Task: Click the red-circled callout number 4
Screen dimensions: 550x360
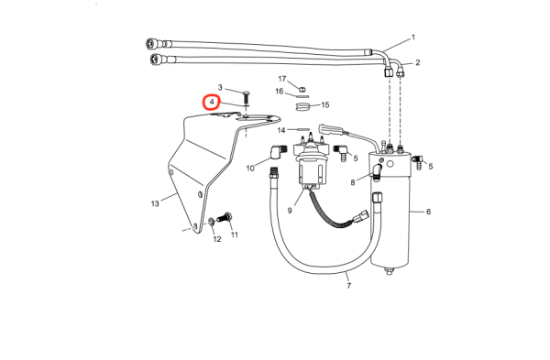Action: tap(212, 102)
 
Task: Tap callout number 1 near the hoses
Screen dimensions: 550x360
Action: tap(413, 38)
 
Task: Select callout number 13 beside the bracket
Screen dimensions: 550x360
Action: tap(155, 203)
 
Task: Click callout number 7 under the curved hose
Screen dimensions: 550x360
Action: tap(348, 286)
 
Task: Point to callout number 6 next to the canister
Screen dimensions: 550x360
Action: tap(428, 212)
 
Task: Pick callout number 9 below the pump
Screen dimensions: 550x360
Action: tap(290, 211)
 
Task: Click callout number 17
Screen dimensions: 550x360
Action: tap(282, 79)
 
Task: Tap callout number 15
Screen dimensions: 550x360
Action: tap(325, 104)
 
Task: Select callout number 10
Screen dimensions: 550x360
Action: tap(250, 169)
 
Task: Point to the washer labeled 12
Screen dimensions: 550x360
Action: tap(212, 222)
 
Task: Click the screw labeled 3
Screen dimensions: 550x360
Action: tap(247, 97)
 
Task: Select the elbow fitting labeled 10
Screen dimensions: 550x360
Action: tap(279, 152)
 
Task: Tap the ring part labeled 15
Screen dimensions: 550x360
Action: tap(302, 106)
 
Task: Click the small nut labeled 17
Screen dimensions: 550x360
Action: tap(302, 89)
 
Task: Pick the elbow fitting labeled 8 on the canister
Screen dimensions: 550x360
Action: tap(377, 171)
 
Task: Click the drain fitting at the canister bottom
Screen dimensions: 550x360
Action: tap(389, 271)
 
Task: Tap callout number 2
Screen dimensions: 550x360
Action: tap(417, 62)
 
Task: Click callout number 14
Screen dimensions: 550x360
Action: tap(281, 130)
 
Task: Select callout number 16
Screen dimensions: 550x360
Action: tap(280, 92)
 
